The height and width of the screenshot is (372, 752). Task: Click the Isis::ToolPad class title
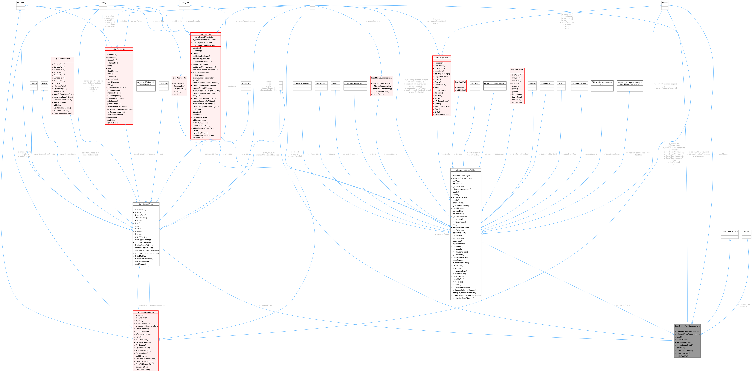(460, 82)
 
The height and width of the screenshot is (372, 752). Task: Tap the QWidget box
(532, 83)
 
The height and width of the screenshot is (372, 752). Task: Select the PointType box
(164, 83)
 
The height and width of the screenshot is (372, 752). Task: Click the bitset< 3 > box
(246, 83)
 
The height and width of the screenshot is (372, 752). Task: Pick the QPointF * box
(746, 231)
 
